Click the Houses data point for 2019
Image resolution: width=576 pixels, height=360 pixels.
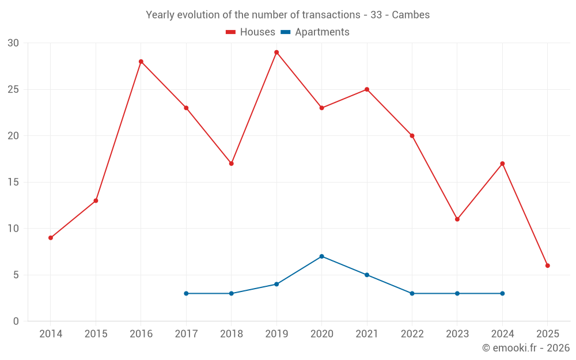point(276,52)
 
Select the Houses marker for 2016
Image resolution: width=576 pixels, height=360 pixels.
point(141,62)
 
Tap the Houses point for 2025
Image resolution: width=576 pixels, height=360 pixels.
point(548,266)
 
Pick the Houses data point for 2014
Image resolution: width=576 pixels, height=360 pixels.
point(51,238)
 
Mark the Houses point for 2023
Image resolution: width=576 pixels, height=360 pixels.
point(457,219)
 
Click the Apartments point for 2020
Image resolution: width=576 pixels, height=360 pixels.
point(321,256)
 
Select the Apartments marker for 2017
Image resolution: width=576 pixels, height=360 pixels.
point(186,294)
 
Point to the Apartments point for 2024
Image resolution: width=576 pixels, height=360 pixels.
point(502,294)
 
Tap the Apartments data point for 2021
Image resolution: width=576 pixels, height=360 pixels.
point(367,275)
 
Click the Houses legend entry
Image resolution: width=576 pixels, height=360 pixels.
point(251,32)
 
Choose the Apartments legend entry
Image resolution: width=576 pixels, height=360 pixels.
point(315,32)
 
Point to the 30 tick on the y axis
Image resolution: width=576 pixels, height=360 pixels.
point(13,43)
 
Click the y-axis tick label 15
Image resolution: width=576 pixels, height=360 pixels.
point(13,183)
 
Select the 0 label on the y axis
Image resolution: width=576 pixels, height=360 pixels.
point(16,321)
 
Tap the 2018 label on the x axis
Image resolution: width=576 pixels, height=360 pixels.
point(231,334)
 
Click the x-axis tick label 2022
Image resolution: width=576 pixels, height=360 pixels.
point(412,334)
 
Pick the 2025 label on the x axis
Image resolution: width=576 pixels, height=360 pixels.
point(548,334)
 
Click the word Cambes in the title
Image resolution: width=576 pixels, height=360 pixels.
point(411,15)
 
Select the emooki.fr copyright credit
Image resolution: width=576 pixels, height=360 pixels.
point(526,348)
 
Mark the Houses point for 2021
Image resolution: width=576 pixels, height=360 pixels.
point(367,89)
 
